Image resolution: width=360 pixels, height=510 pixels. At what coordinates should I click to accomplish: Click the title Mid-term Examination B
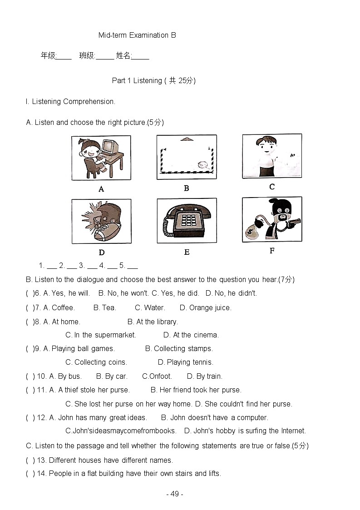[137, 35]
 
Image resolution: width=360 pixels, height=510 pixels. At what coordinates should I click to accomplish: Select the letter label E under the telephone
[187, 252]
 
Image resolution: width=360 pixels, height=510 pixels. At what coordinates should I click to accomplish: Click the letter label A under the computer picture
[101, 189]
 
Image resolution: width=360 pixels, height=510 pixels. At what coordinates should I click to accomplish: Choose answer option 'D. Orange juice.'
[205, 307]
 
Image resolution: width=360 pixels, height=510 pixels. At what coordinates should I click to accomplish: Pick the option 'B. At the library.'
[153, 322]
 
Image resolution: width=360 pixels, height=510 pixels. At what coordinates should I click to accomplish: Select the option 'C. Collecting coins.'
[96, 362]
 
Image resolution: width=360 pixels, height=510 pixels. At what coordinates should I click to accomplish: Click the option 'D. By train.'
[204, 376]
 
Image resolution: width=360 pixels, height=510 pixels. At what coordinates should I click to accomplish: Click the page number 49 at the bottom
[175, 494]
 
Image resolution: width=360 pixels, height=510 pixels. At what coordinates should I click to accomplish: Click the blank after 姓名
[141, 57]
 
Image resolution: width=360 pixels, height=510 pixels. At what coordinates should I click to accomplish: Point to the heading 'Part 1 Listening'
[137, 80]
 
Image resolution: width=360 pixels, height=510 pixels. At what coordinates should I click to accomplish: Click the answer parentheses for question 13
[30, 460]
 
